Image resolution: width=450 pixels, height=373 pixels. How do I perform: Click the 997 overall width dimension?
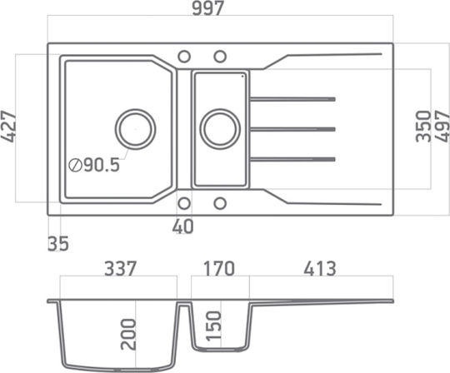coord(207,8)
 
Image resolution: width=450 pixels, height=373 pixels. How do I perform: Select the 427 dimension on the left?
coord(8,127)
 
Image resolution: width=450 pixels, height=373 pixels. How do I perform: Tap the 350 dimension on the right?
coord(423,127)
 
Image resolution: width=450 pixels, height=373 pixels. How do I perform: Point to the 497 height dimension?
coord(442,127)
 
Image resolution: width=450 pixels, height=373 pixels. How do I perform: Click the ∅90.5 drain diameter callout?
coord(94,165)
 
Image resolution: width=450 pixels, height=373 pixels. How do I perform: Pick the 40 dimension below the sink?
coord(182,226)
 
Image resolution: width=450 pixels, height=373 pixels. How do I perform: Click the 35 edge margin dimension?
coord(58,244)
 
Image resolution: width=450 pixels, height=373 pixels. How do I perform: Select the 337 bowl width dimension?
coord(120,269)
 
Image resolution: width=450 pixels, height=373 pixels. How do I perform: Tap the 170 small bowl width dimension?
coord(219,269)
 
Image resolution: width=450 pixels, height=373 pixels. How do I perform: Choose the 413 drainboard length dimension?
coord(320,269)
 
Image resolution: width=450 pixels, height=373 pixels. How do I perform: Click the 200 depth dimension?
coord(128,335)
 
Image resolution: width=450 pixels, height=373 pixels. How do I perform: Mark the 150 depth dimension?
coord(214,326)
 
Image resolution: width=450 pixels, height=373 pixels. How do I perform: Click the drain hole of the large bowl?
coord(136,129)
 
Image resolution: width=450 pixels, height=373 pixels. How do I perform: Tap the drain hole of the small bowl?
coord(220,129)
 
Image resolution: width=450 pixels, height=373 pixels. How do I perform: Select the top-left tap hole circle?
coord(184,57)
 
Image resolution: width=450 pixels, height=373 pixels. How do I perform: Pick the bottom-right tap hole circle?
coord(220,203)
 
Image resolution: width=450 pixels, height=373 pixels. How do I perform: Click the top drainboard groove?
coord(292,99)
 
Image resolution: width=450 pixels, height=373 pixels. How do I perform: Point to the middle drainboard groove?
coord(292,129)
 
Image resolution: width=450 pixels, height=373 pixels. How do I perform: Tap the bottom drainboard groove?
coord(292,159)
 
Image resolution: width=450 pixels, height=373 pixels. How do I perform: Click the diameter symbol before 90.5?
coord(75,165)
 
